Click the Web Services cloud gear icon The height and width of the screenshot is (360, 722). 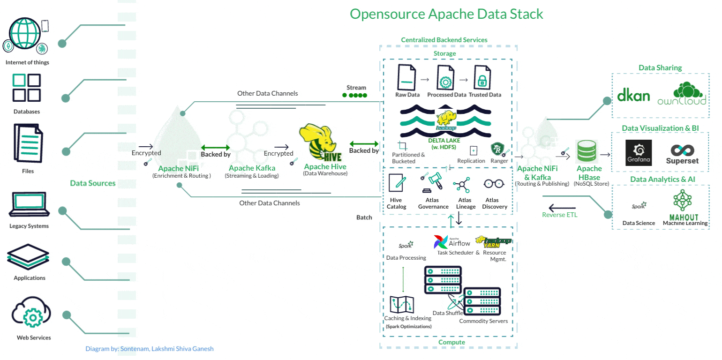pyautogui.click(x=31, y=315)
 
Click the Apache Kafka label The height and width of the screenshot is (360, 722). pyautogui.click(x=252, y=168)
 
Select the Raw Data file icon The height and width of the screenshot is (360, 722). pyautogui.click(x=406, y=77)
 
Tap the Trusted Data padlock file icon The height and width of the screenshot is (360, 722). pyautogui.click(x=481, y=78)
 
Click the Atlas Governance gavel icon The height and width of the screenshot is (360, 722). pyautogui.click(x=434, y=184)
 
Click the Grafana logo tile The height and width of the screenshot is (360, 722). pyautogui.click(x=638, y=152)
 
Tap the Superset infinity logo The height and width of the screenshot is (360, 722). pyautogui.click(x=682, y=151)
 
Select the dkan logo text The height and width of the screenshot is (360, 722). pyautogui.click(x=633, y=95)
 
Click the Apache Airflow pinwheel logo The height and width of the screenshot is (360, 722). pyautogui.click(x=441, y=242)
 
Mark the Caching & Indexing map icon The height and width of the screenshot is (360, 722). pyautogui.click(x=401, y=305)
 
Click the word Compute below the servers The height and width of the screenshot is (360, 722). pyautogui.click(x=451, y=342)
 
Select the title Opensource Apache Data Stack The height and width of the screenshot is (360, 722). pyautogui.click(x=446, y=14)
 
